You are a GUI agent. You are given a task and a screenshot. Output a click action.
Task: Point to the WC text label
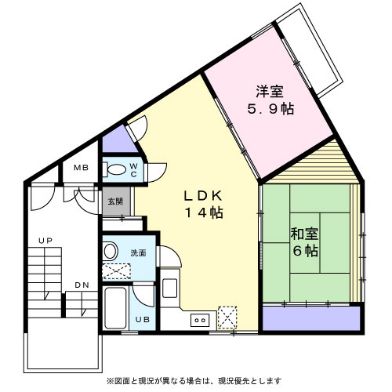pos(133,169)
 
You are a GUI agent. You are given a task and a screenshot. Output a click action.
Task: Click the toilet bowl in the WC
pos(115,169)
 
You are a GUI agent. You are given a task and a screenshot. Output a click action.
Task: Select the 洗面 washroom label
pos(138,252)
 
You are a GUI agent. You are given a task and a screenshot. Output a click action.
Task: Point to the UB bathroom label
pos(142,319)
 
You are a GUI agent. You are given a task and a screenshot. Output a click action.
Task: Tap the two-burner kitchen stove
pos(199,318)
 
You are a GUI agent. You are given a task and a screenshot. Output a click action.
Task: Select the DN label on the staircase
pos(82,284)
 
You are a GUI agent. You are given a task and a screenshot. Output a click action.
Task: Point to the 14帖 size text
pos(204,213)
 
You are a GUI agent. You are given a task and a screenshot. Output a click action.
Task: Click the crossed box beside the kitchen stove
pos(228,317)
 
